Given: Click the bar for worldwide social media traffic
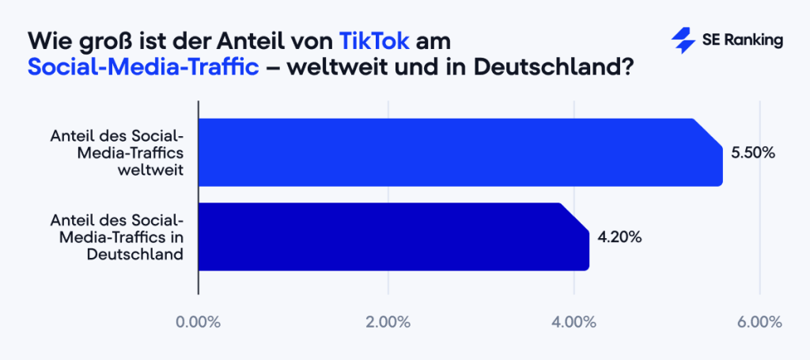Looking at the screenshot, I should coord(459,152).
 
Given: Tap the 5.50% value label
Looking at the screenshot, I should coord(752,153).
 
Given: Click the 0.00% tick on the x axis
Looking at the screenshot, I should coord(199,322).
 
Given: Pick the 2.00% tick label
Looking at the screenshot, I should coord(388,322).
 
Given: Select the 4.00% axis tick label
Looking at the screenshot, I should coord(574,322).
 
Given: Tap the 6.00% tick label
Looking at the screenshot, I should coord(760,322).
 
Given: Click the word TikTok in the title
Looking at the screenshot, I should coord(374,40).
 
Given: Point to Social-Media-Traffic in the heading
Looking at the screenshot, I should coord(143,66).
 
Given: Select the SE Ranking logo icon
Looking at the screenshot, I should coord(681,41).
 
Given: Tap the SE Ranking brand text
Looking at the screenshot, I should coord(741,41).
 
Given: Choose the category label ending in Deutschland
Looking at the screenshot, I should coord(116,237).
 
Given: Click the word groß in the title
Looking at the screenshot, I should coord(98,40).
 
